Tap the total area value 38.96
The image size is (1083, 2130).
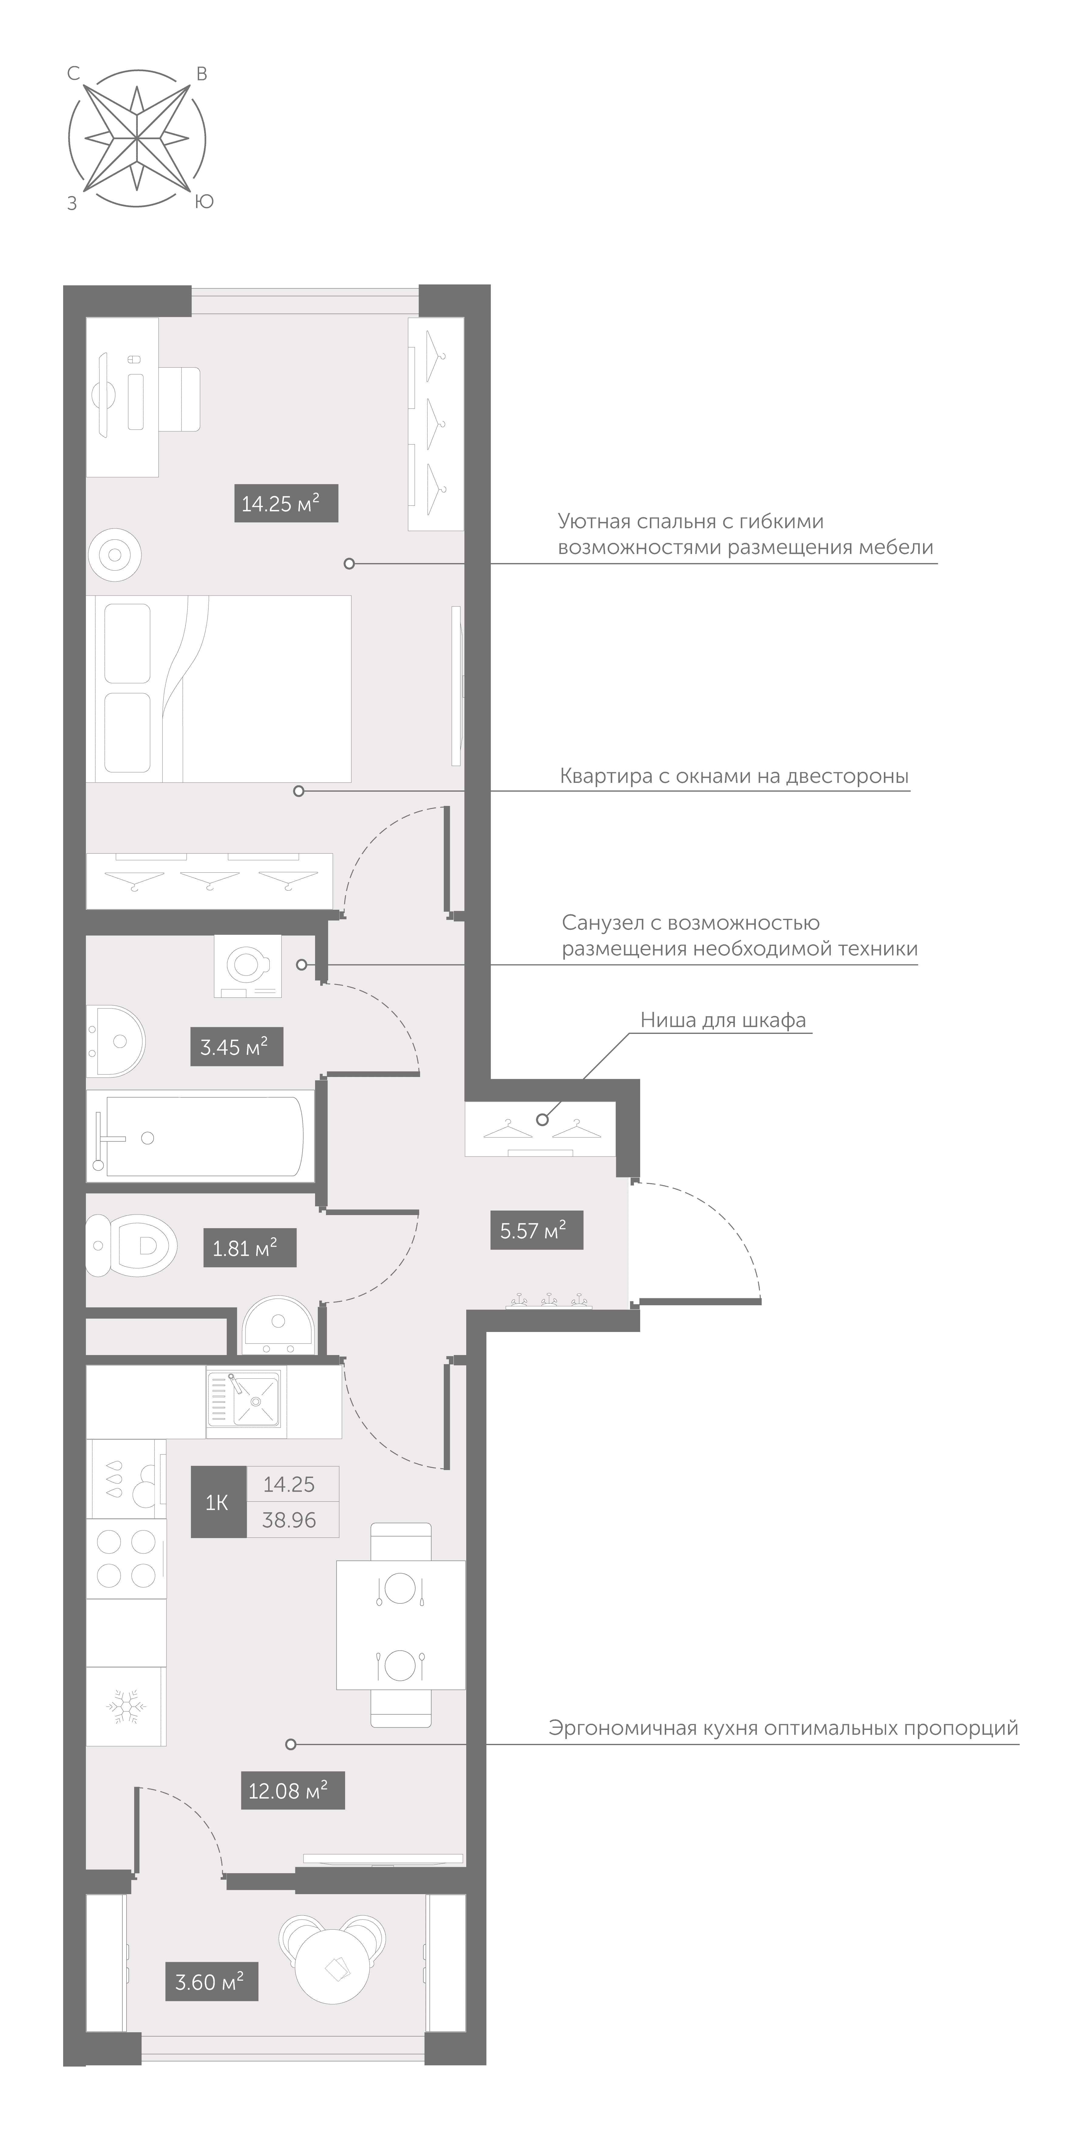click(x=289, y=1520)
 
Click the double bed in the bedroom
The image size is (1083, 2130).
click(x=219, y=689)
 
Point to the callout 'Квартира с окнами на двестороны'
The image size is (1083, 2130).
click(x=734, y=776)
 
